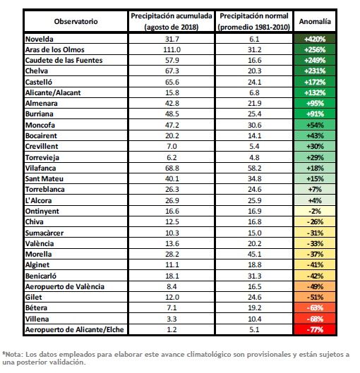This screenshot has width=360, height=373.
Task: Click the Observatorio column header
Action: pos(76,21)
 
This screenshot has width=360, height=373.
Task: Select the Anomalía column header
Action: pos(315,21)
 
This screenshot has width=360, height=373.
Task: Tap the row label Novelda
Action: pos(40,39)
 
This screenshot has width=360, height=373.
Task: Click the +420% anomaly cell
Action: pos(315,39)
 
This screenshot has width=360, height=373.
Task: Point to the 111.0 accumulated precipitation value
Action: pos(172,49)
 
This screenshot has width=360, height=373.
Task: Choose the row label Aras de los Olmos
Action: pos(55,49)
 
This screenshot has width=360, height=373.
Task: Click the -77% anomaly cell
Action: pos(315,330)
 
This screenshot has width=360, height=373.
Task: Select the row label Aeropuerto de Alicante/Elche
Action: pos(75,330)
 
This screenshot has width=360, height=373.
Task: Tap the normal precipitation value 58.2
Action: pos(255,169)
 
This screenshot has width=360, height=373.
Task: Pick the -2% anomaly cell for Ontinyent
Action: pos(315,211)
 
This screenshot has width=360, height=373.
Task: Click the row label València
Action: pos(40,243)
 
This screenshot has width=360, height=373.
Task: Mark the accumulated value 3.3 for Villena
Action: pos(172,319)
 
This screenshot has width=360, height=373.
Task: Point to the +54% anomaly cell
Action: pos(315,125)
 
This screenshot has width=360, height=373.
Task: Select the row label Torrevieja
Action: pos(42,157)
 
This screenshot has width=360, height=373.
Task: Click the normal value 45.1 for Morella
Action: pos(255,254)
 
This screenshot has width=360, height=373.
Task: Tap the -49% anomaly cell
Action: pos(315,287)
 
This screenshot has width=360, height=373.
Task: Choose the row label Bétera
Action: pos(36,308)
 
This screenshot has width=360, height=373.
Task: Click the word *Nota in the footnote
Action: pos(13,355)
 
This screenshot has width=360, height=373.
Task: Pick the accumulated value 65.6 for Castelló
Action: pos(172,82)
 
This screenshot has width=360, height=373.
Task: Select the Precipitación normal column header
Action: pos(254,21)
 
